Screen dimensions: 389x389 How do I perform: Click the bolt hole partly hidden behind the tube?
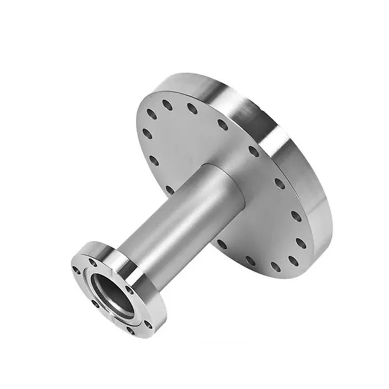point(170,189)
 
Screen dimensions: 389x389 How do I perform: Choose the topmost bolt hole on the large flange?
point(167,105)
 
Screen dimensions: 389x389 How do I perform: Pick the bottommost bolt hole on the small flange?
point(130,331)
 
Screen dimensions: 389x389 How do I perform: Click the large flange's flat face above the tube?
point(192,133)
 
